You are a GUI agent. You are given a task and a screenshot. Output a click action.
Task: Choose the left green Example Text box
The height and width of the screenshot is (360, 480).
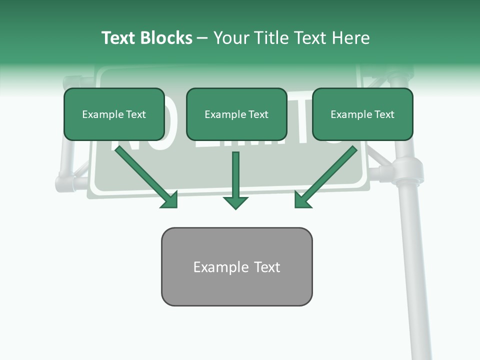(114, 114)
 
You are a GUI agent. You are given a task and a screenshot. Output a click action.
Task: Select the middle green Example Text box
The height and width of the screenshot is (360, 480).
(236, 114)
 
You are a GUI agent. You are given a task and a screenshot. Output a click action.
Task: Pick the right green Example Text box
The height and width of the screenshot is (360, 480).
(362, 114)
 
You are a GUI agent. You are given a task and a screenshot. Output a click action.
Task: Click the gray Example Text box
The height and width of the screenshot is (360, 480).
(236, 266)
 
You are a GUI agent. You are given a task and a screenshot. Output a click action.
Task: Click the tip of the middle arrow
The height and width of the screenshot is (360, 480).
(235, 207)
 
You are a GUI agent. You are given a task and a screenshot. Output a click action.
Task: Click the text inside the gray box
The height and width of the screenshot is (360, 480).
(236, 267)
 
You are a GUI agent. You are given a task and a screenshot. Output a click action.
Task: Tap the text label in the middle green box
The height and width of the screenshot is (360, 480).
(236, 114)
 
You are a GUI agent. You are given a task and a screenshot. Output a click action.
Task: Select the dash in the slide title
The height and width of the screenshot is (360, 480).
(202, 38)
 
